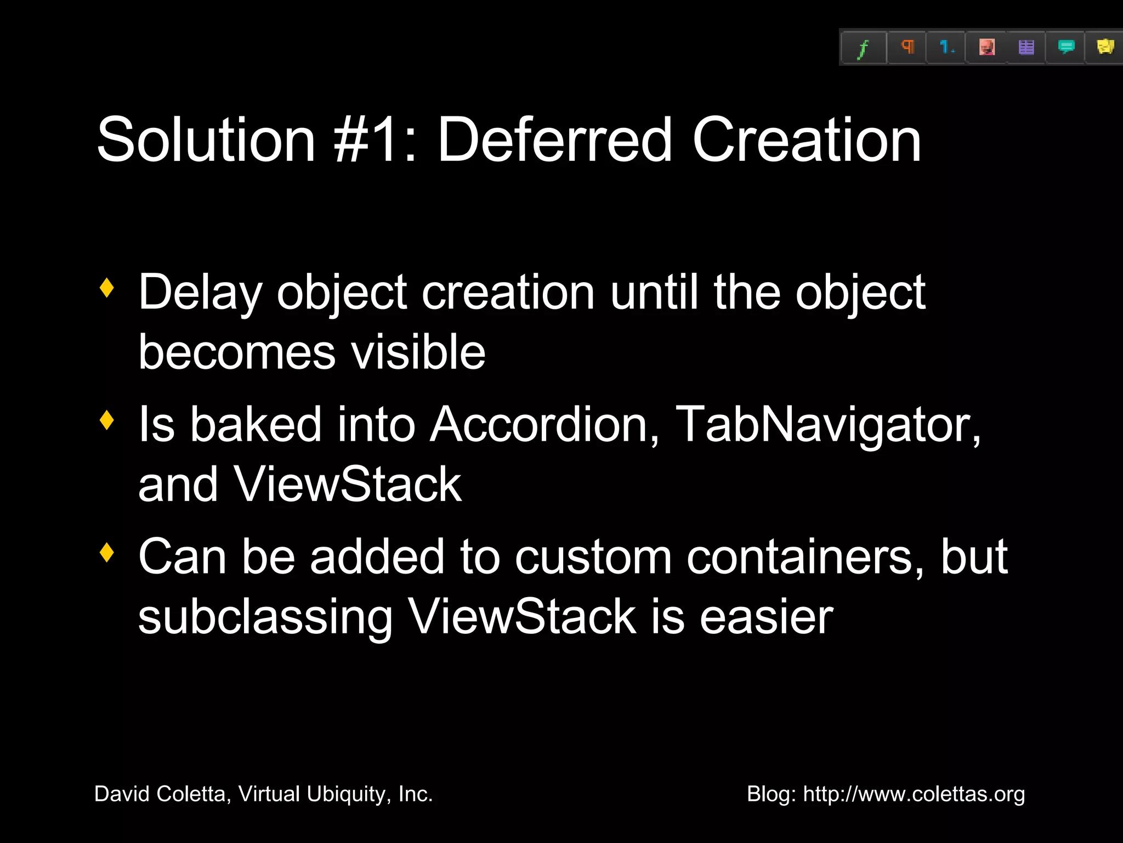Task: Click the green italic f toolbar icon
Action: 863,48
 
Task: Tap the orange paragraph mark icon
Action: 907,47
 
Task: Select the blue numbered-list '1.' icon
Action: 946,48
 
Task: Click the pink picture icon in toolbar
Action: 986,48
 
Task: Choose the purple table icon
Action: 1026,48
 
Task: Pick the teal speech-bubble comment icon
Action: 1065,48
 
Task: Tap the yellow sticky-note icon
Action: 1105,47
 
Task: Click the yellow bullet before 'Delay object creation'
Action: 107,288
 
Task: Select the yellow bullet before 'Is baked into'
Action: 107,420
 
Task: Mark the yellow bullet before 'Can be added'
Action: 107,553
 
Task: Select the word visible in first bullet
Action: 418,352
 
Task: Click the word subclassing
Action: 265,617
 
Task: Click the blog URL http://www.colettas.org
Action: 914,794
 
